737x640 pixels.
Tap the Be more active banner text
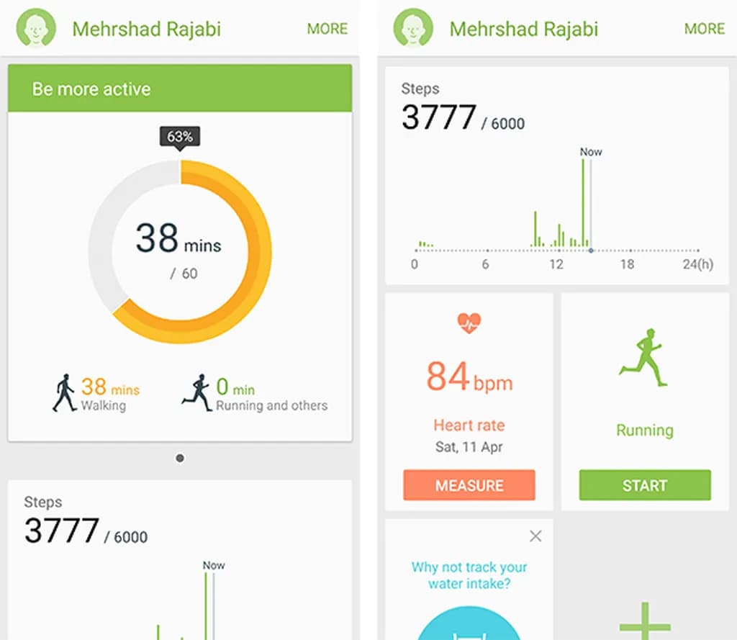91,89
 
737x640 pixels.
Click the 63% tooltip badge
180,136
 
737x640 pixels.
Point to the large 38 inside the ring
157,238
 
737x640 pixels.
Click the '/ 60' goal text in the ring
184,274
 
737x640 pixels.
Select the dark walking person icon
64,393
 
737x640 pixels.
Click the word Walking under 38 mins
103,406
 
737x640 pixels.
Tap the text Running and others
271,406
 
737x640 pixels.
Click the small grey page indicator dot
180,458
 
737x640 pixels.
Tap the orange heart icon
469,323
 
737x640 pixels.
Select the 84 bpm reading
469,377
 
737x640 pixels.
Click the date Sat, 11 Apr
469,447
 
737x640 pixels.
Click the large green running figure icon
643,358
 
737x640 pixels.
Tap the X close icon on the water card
535,536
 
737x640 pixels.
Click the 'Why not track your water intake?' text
469,575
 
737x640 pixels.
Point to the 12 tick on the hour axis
556,264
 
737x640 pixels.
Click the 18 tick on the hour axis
627,264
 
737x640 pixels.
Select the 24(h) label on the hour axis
697,264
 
